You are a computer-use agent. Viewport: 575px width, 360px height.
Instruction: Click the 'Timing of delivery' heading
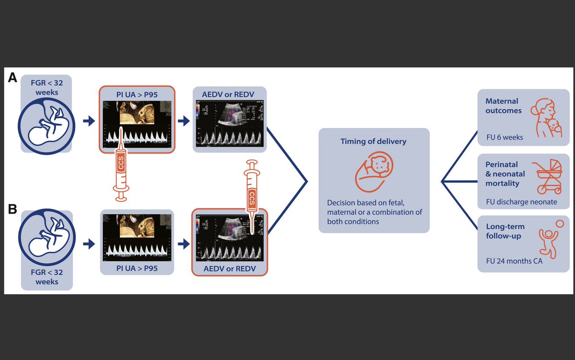tap(373, 141)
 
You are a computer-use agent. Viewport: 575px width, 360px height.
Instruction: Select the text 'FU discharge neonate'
tap(521, 202)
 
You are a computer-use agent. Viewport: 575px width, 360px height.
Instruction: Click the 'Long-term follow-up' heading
tap(505, 231)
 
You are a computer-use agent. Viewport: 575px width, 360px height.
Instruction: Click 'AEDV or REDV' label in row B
tap(230, 268)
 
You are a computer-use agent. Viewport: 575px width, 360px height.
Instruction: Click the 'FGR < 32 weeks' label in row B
tap(46, 277)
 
